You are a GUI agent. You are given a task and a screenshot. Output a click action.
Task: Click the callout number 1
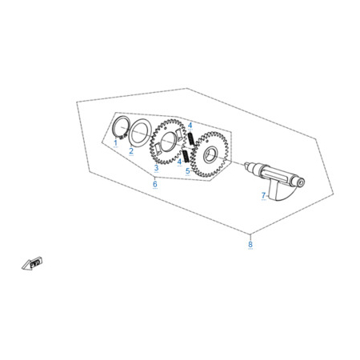click(x=115, y=142)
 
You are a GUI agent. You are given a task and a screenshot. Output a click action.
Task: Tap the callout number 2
click(x=131, y=151)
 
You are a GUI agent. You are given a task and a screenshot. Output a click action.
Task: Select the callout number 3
click(x=156, y=168)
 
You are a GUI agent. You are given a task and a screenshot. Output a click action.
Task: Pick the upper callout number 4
click(x=190, y=125)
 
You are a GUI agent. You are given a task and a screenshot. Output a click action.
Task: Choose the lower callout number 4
click(x=179, y=162)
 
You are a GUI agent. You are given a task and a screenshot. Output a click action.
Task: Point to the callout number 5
click(x=188, y=171)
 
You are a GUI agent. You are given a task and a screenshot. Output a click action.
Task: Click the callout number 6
click(x=155, y=184)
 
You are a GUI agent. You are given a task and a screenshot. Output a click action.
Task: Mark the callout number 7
click(x=263, y=195)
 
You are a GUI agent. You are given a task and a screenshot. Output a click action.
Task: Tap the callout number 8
click(x=250, y=244)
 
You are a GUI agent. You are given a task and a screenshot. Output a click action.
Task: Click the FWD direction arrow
click(x=32, y=263)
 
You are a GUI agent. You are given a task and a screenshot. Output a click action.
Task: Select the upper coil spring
click(x=190, y=138)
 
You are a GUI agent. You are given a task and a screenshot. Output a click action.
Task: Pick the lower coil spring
click(x=186, y=156)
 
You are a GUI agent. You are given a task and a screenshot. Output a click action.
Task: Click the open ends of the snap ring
click(x=122, y=137)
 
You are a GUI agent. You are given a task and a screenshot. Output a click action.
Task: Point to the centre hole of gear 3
click(x=169, y=142)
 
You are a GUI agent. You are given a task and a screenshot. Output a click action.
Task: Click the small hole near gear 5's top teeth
click(x=206, y=141)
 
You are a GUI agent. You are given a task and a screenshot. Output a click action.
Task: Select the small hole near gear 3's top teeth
click(x=165, y=128)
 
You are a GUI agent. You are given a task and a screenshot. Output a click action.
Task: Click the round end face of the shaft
click(x=301, y=183)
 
